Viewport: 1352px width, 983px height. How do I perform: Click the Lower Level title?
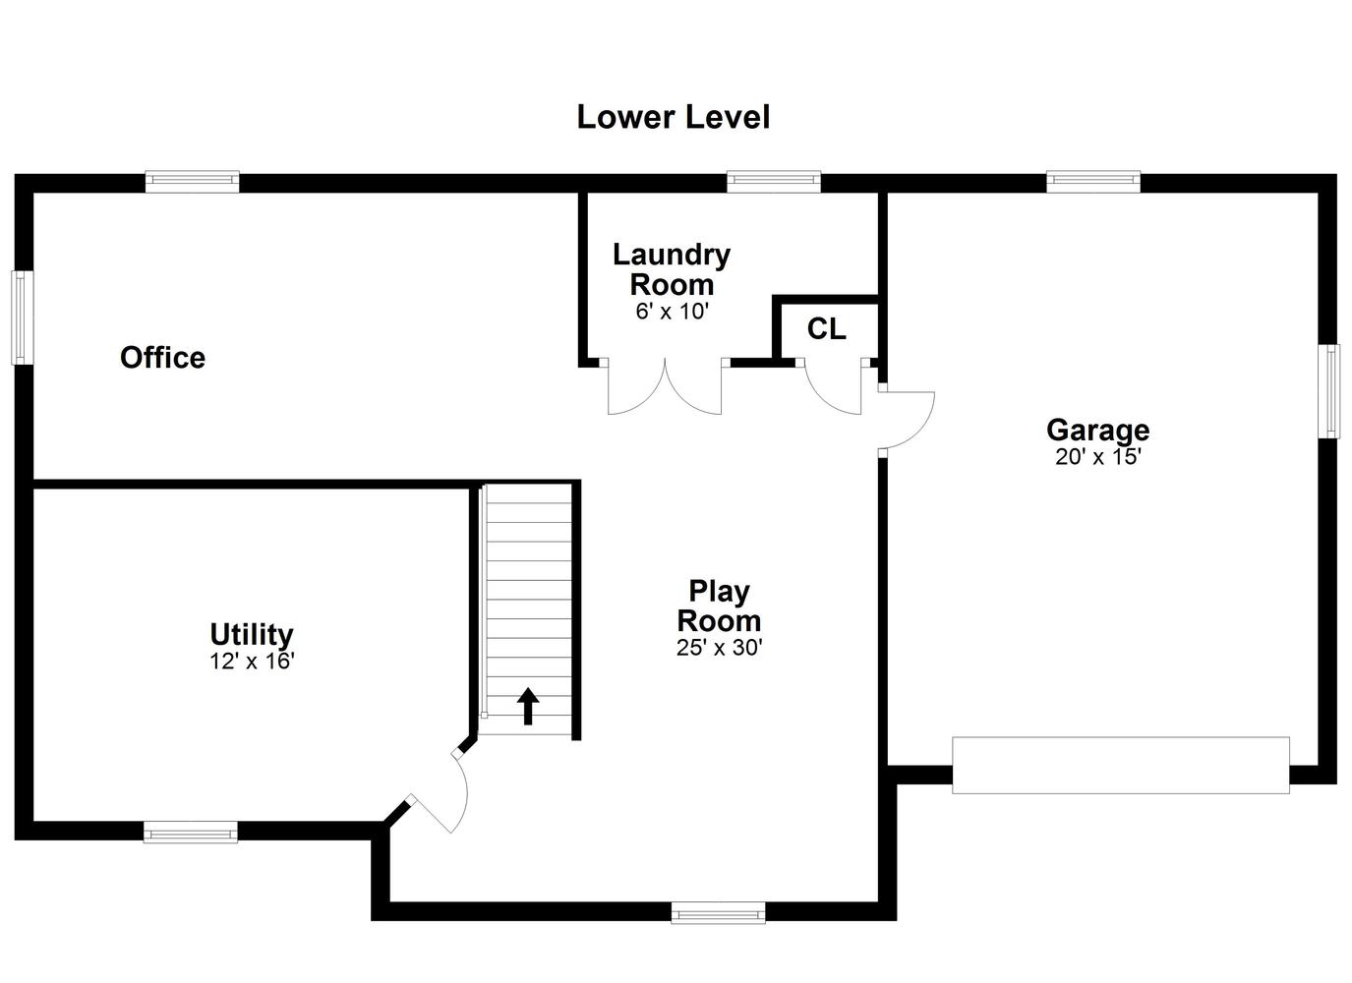pyautogui.click(x=673, y=117)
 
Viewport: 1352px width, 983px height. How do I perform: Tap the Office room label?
pyautogui.click(x=163, y=357)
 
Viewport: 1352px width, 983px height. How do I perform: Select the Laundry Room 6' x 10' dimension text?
pyautogui.click(x=672, y=312)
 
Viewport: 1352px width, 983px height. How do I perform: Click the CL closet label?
pyautogui.click(x=826, y=329)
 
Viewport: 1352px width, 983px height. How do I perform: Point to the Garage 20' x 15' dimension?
pyautogui.click(x=1098, y=457)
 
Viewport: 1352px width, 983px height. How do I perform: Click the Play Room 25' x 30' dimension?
pyautogui.click(x=720, y=648)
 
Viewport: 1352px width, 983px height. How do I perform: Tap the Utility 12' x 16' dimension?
pyautogui.click(x=252, y=662)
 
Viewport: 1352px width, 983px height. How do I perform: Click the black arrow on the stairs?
pyautogui.click(x=528, y=706)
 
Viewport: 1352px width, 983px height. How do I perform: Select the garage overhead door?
pyautogui.click(x=1121, y=765)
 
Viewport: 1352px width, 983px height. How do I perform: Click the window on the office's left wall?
pyautogui.click(x=23, y=318)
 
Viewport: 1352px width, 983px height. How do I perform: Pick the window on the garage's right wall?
pyautogui.click(x=1329, y=391)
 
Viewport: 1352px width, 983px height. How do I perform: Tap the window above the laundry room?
pyautogui.click(x=774, y=182)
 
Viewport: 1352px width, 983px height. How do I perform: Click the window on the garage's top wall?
pyautogui.click(x=1093, y=182)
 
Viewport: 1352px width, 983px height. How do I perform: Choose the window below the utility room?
pyautogui.click(x=191, y=833)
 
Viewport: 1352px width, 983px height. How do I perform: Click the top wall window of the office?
pyautogui.click(x=193, y=182)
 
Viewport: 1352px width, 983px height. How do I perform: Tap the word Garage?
pyautogui.click(x=1098, y=431)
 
